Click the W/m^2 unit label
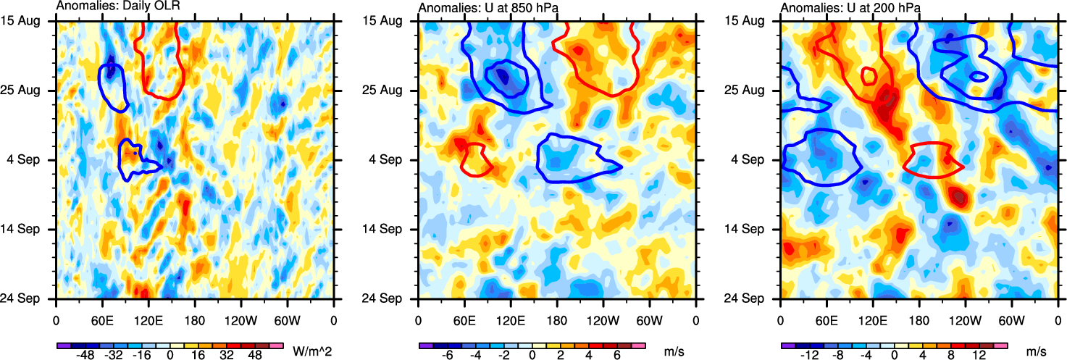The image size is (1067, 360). coord(312,350)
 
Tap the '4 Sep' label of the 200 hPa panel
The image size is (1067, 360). coord(756,160)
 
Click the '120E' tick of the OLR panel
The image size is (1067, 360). coord(148,319)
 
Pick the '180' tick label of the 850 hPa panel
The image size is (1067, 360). coord(557,319)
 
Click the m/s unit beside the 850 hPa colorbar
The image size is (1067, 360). coord(674,350)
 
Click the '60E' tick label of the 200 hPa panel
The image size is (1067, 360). coord(827,319)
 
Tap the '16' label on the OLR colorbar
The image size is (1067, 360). coord(195,358)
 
